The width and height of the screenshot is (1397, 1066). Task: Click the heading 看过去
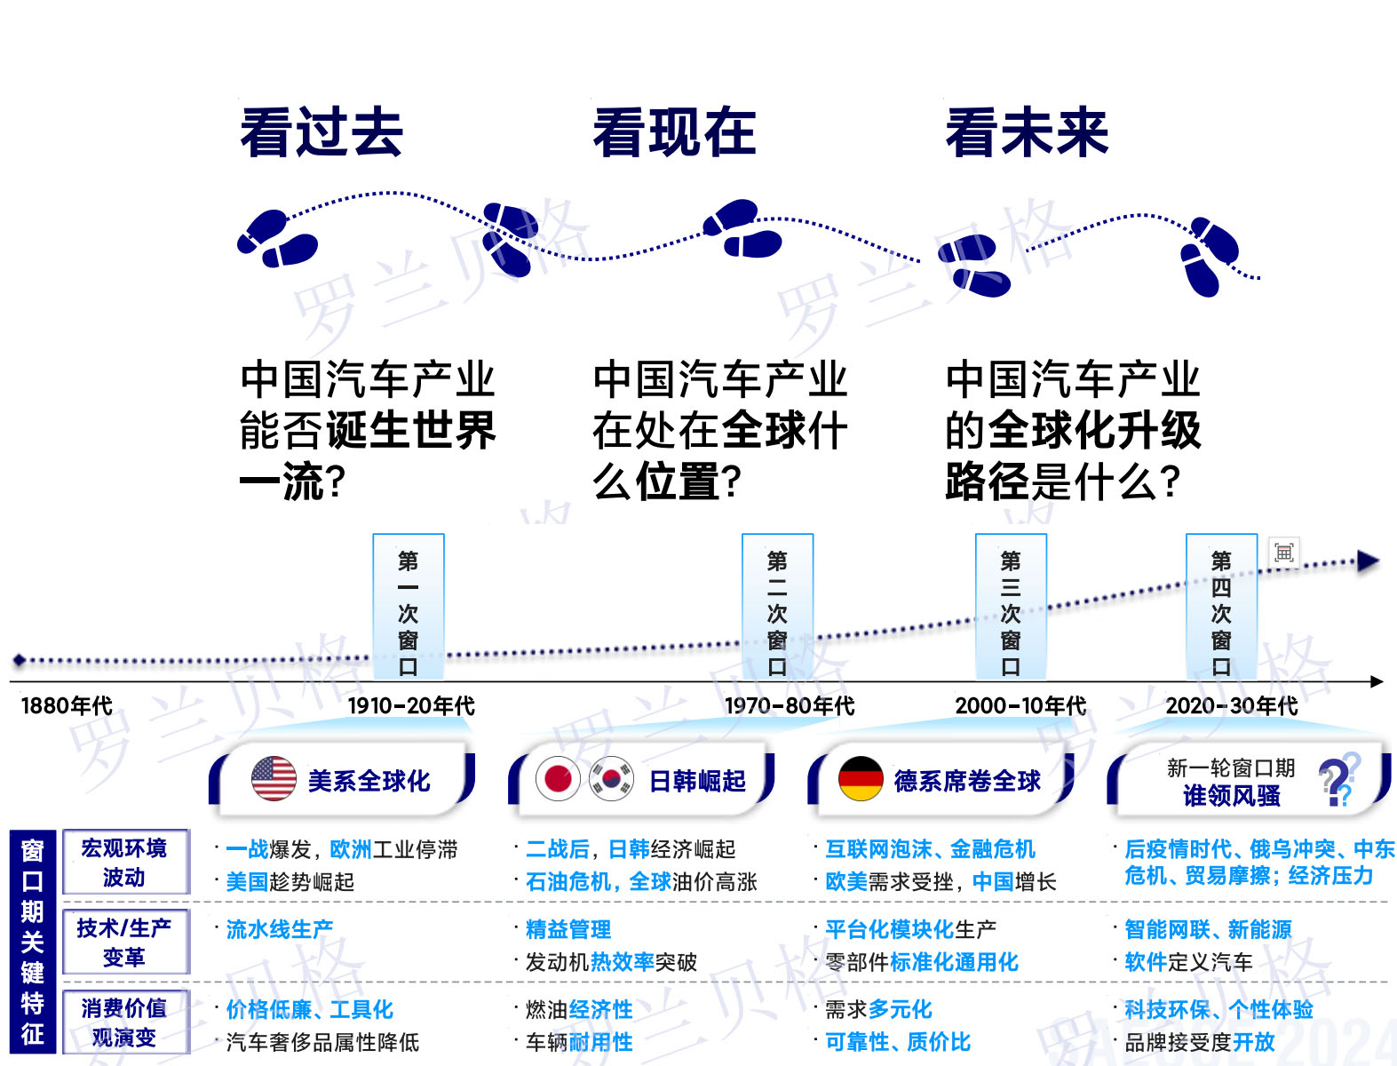coord(321,133)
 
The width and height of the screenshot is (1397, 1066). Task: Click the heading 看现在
coord(674,133)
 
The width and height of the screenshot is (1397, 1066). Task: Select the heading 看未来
coord(1027,133)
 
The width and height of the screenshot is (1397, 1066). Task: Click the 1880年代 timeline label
coord(67,706)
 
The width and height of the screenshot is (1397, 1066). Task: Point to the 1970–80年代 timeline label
coord(790,706)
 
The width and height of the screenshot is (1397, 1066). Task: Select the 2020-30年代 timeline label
coord(1231,706)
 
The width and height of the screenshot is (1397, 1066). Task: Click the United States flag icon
coord(274,779)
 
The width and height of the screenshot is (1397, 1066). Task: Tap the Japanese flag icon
coord(558,780)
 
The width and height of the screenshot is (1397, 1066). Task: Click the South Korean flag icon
coord(611,780)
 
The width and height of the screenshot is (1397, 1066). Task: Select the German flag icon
coord(861,779)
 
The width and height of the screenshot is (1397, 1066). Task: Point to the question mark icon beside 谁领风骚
coord(1337,781)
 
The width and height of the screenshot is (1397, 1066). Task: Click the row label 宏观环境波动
coord(124,863)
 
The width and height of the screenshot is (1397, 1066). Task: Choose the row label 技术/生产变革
coord(124,943)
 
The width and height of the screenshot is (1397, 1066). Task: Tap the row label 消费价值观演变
coord(124,1022)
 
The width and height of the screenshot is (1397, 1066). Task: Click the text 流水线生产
coord(280,930)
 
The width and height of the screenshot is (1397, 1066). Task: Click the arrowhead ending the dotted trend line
coord(1368,561)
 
